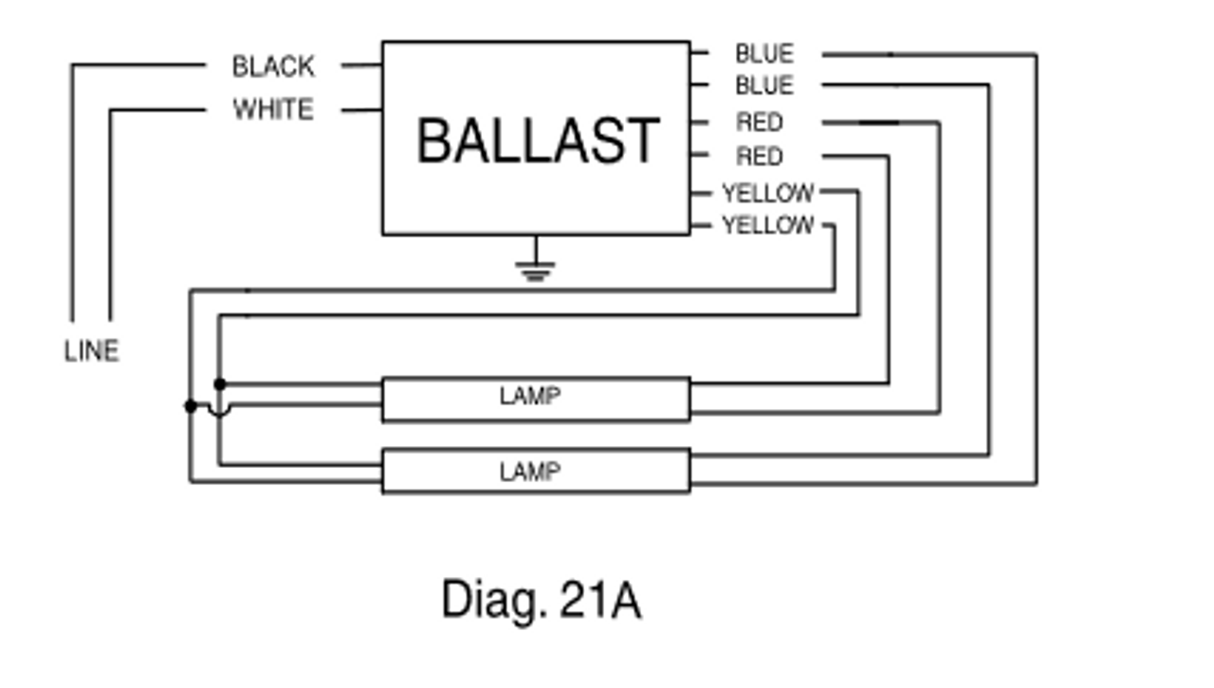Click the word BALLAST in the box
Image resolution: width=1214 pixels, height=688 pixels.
(537, 140)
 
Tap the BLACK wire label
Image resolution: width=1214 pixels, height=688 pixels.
(273, 66)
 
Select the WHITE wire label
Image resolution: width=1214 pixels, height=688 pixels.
(273, 110)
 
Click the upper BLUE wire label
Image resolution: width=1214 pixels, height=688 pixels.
(763, 54)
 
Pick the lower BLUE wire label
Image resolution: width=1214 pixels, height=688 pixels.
(763, 86)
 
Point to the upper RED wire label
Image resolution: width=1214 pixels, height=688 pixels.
(760, 122)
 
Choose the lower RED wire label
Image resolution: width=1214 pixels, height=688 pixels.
(760, 157)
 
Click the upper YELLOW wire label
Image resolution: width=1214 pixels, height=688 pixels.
(768, 194)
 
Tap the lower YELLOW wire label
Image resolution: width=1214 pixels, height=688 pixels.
(768, 226)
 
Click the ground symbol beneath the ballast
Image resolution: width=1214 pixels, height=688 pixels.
(536, 270)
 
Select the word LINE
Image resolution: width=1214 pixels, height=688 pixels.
(92, 351)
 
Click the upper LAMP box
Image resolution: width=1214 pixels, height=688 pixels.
(536, 399)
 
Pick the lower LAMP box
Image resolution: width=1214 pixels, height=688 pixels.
(536, 472)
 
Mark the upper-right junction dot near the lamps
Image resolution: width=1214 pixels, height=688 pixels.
(220, 383)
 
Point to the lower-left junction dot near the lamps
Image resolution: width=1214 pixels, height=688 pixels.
(191, 406)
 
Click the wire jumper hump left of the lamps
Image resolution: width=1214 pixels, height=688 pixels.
(219, 410)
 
